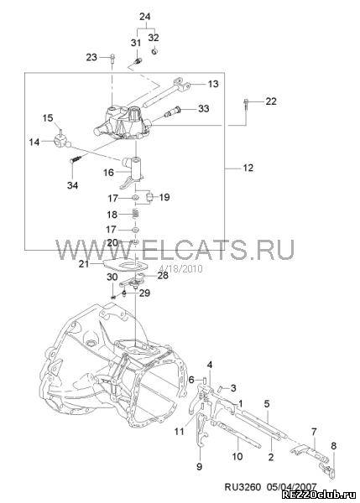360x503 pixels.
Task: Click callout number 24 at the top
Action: pyautogui.click(x=145, y=17)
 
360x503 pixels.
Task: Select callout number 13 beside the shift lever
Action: pyautogui.click(x=213, y=84)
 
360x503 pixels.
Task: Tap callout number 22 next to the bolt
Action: pyautogui.click(x=271, y=101)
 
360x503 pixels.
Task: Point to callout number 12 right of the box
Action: pyautogui.click(x=248, y=168)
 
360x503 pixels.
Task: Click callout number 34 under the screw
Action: pyautogui.click(x=72, y=185)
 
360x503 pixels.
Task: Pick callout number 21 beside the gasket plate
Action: pyautogui.click(x=84, y=264)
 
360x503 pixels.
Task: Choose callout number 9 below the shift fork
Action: pyautogui.click(x=199, y=466)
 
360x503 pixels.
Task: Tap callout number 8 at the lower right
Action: pyautogui.click(x=334, y=446)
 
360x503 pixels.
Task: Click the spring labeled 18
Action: pyautogui.click(x=135, y=214)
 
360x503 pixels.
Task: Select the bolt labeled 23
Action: pyautogui.click(x=112, y=59)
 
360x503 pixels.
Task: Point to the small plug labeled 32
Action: pyautogui.click(x=154, y=50)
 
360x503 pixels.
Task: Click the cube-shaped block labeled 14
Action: pyautogui.click(x=61, y=141)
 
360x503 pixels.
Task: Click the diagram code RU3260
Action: pyautogui.click(x=243, y=487)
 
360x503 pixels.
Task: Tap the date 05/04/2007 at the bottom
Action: pyautogui.click(x=291, y=487)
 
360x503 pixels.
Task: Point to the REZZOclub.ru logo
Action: pyautogui.click(x=320, y=496)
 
